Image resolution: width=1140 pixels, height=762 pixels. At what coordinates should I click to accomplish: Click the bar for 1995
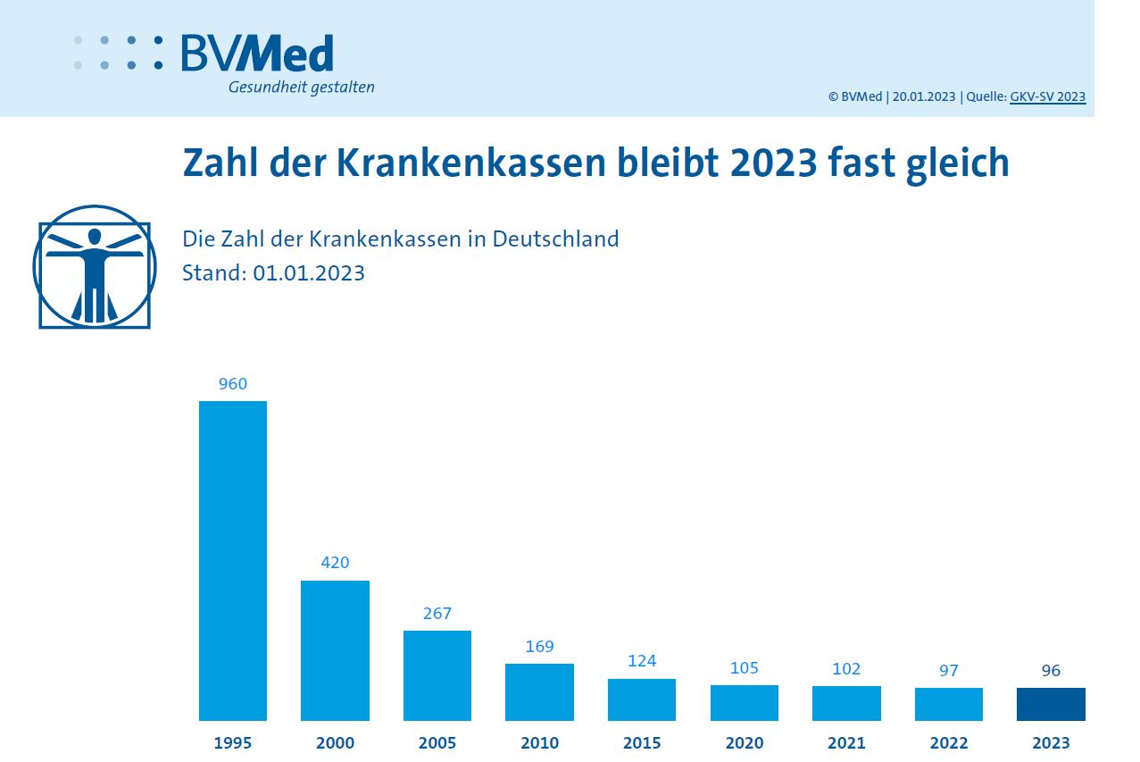232,560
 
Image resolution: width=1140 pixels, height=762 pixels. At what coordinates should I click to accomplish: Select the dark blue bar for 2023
1051,704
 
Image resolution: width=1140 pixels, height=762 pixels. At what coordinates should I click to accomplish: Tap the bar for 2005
437,675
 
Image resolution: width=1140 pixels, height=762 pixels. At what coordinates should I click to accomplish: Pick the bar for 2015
642,699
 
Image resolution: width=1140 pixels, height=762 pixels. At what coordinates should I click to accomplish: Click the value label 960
232,385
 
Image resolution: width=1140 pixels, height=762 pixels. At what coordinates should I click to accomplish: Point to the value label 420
335,563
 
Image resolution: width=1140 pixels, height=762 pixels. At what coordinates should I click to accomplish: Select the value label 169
539,647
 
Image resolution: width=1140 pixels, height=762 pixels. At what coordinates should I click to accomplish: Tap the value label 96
1051,671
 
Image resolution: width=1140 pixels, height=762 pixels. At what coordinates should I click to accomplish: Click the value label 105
744,668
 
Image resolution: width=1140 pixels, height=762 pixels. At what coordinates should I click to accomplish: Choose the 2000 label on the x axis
335,743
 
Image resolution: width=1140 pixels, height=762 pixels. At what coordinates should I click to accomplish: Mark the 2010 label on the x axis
539,743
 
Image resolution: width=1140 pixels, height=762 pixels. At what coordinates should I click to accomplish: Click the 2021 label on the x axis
846,743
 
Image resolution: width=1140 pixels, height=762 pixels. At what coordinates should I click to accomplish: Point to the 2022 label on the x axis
948,743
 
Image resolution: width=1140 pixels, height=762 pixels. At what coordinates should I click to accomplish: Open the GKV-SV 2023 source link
1047,97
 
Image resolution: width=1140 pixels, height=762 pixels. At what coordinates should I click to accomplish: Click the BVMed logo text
257,54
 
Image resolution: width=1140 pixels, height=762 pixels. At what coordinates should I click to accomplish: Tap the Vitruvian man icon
94,267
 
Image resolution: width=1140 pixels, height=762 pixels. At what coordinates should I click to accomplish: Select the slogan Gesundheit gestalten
301,88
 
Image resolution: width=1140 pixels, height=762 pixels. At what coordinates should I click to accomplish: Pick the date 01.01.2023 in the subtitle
309,273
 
